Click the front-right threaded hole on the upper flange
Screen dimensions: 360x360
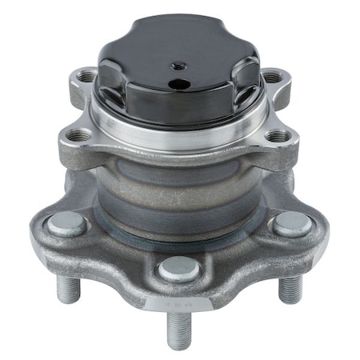[278, 137]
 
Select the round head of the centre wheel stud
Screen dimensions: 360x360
[178, 270]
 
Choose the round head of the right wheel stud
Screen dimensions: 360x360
[291, 225]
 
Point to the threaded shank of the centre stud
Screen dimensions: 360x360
[178, 328]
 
